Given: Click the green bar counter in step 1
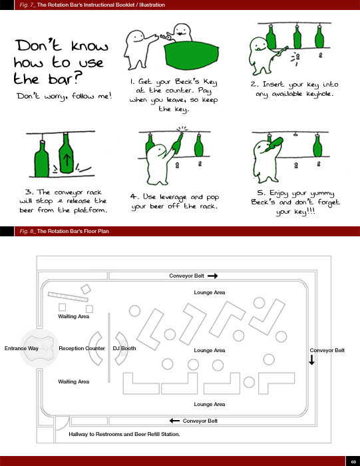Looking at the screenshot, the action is click(x=191, y=55).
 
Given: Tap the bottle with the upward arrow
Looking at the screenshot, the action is click(x=67, y=153).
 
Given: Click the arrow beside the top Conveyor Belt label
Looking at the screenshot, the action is click(x=212, y=276).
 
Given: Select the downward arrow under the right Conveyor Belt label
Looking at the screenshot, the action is click(x=311, y=360).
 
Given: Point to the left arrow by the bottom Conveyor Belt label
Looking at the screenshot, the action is click(x=174, y=421).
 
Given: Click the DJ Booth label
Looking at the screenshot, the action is click(x=124, y=348).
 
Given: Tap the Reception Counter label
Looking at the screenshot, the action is click(x=82, y=348).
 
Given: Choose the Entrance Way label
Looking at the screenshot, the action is click(x=21, y=348).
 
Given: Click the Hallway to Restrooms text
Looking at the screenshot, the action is click(x=124, y=434).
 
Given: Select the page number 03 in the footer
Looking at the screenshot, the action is click(x=353, y=461).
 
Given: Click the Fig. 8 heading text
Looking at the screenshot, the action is click(x=64, y=231).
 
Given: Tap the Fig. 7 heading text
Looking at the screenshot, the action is click(x=92, y=5).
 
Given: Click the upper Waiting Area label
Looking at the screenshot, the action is click(x=73, y=316).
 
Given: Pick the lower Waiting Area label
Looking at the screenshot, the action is click(x=73, y=381).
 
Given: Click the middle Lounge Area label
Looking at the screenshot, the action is click(x=210, y=350).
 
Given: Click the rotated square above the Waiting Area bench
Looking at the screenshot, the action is click(x=86, y=289).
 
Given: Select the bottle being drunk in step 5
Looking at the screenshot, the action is click(x=274, y=144).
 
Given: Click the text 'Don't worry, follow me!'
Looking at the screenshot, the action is click(x=65, y=96).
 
